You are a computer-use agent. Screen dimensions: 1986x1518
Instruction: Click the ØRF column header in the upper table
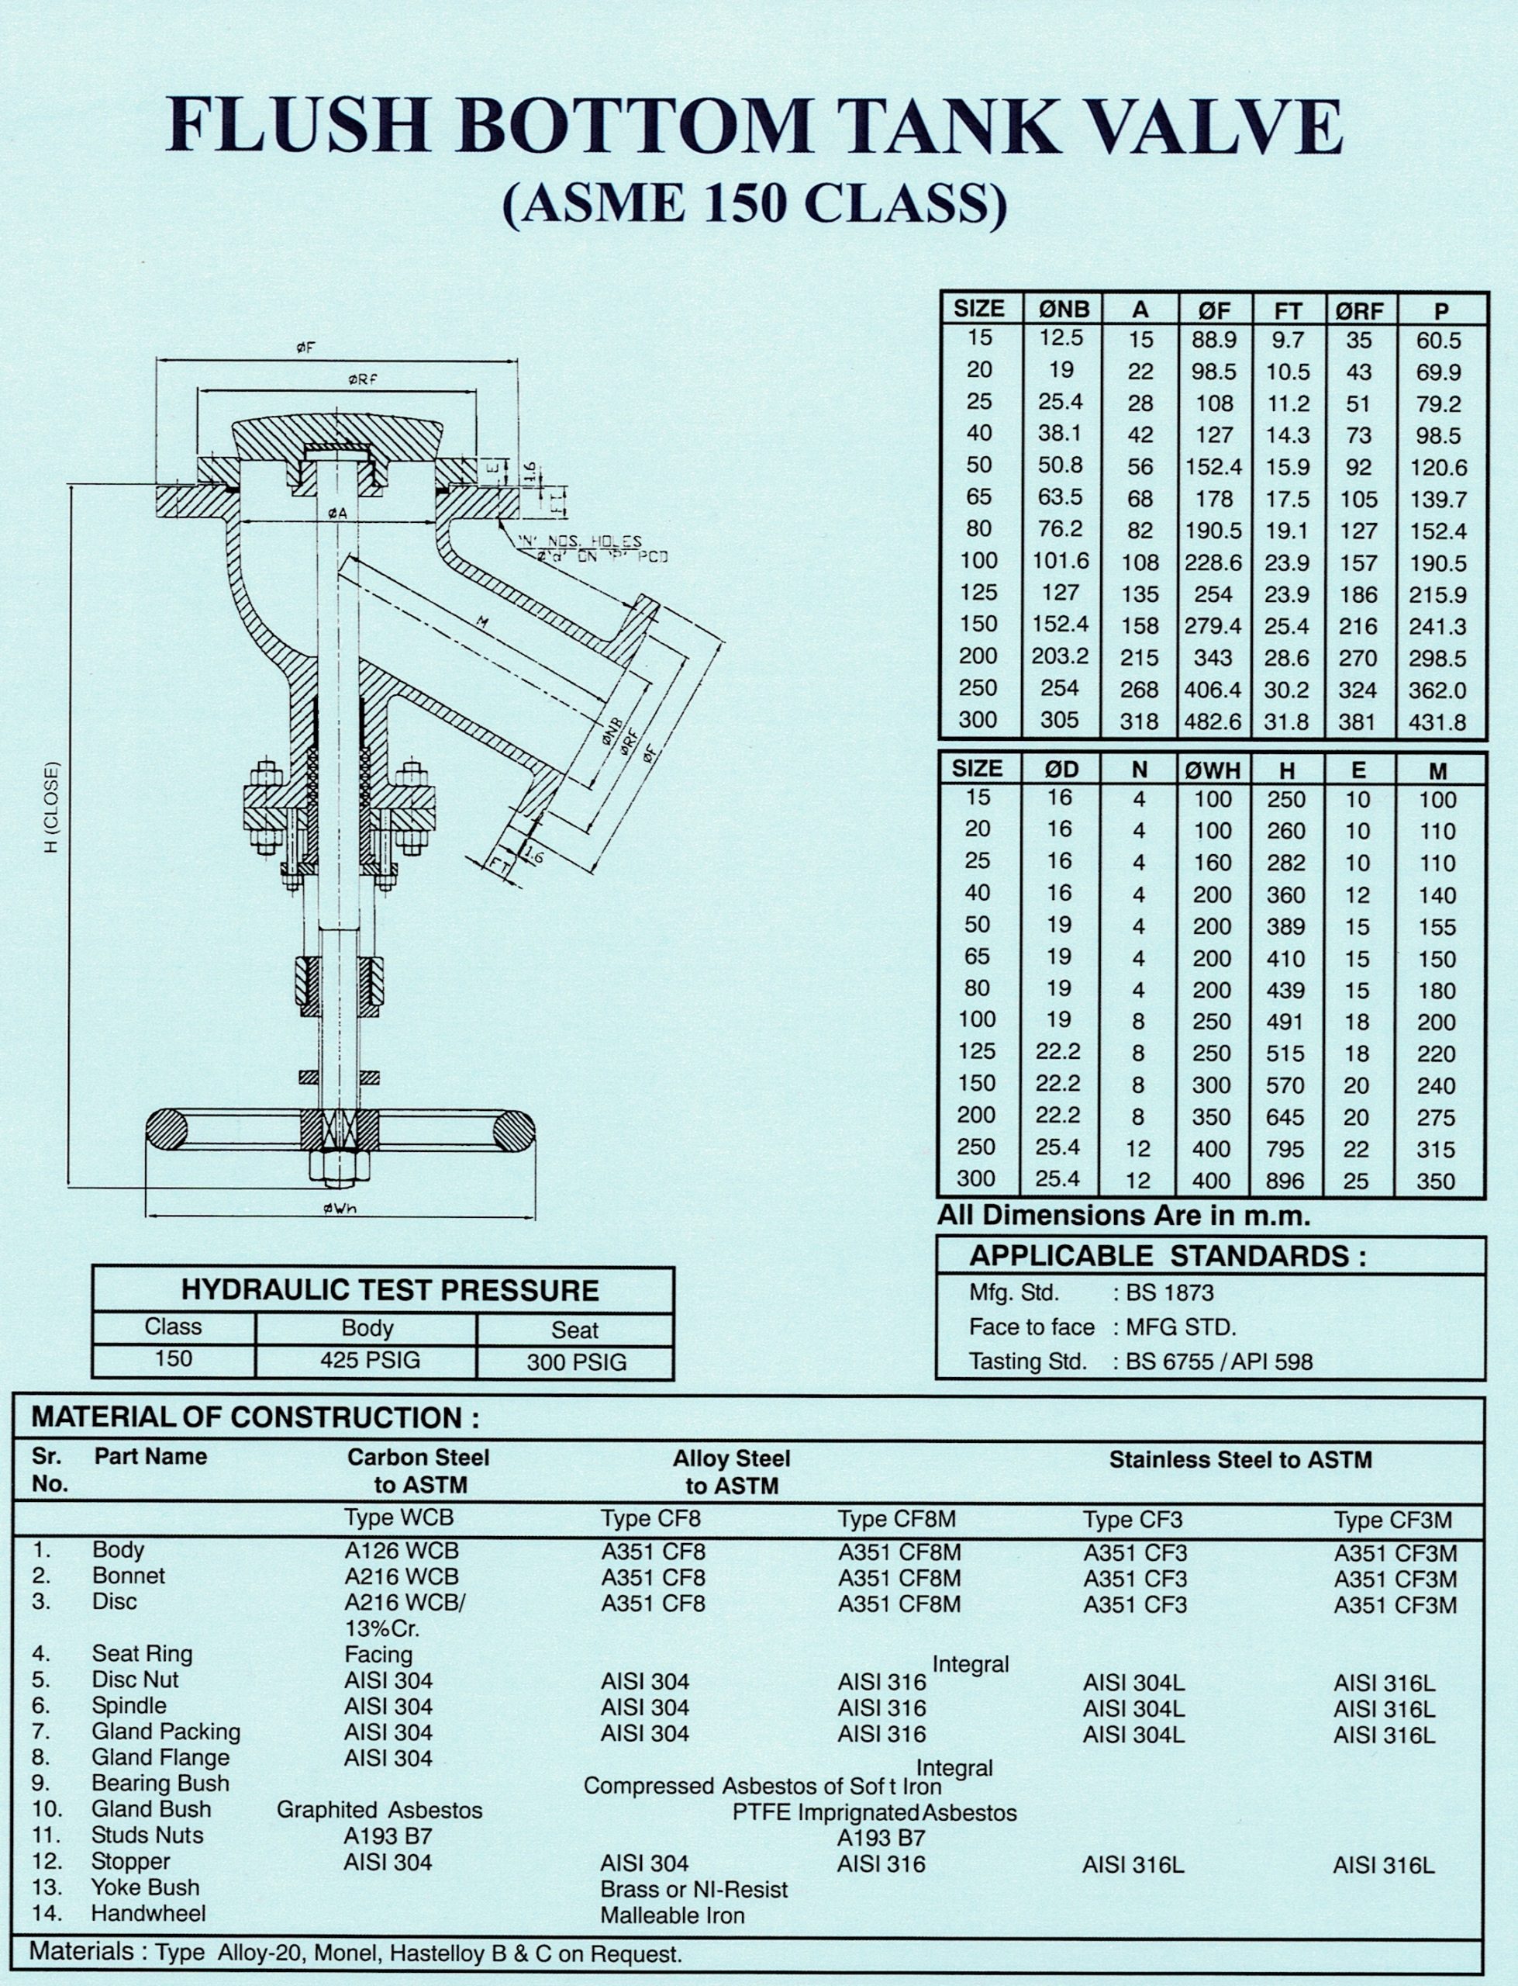click(x=1359, y=310)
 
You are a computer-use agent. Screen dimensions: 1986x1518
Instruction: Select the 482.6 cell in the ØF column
click(x=1213, y=722)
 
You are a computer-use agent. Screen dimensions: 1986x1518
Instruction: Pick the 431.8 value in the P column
click(x=1440, y=723)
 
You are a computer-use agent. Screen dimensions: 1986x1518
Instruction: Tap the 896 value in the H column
click(x=1285, y=1181)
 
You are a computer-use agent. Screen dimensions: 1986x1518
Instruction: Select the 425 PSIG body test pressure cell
click(x=369, y=1361)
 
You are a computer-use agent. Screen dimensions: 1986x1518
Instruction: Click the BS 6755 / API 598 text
click(x=1218, y=1361)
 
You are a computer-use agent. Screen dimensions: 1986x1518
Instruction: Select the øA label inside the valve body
click(x=338, y=514)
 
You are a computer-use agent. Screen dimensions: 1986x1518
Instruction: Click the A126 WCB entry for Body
click(x=401, y=1552)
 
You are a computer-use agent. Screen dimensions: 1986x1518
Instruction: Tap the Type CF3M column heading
click(x=1392, y=1521)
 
